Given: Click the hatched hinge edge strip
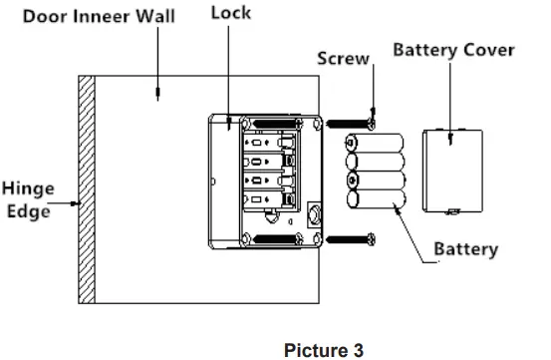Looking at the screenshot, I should (86, 189).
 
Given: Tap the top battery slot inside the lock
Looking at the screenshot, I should (267, 143).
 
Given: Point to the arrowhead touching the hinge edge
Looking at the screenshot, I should (73, 203).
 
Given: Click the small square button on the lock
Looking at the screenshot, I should (316, 212).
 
